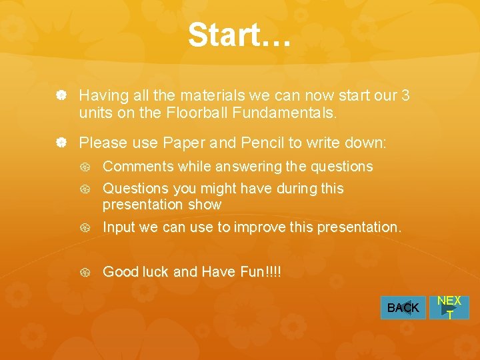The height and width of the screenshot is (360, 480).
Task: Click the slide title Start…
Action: point(239,35)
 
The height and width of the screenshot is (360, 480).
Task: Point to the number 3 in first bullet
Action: point(405,95)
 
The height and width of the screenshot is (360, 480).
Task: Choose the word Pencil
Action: point(266,142)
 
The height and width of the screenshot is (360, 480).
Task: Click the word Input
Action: point(119,227)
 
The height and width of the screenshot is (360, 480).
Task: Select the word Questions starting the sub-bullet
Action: point(136,189)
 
